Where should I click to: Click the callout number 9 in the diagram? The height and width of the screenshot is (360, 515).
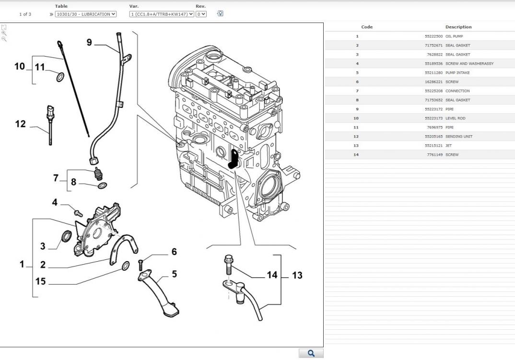[89, 42]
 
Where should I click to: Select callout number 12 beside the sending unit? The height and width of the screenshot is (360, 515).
[20, 124]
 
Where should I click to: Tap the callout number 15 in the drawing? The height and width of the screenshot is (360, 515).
[40, 281]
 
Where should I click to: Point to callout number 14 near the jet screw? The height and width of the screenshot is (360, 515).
[272, 275]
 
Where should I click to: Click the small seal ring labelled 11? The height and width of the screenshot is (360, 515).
[60, 77]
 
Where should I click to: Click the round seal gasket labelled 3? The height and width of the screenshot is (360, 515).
[67, 236]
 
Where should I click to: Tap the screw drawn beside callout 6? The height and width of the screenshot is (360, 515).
[141, 263]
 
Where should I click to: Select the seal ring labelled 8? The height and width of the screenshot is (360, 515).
[102, 186]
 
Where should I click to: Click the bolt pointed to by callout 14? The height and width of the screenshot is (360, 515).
[228, 263]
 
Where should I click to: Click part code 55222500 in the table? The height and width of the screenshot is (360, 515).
[433, 36]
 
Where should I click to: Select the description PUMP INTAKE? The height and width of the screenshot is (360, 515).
[457, 73]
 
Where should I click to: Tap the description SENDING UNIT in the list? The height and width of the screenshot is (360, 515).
[458, 137]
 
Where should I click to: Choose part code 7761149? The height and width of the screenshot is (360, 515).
[434, 155]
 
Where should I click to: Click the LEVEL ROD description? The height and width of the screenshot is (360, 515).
[455, 118]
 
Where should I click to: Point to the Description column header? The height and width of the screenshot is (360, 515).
[458, 27]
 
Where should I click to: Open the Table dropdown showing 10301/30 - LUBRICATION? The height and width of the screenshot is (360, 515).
[86, 14]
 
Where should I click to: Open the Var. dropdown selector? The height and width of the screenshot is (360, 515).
[162, 14]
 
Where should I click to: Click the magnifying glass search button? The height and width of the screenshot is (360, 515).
[311, 354]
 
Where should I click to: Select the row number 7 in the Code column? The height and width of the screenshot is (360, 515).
[357, 91]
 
